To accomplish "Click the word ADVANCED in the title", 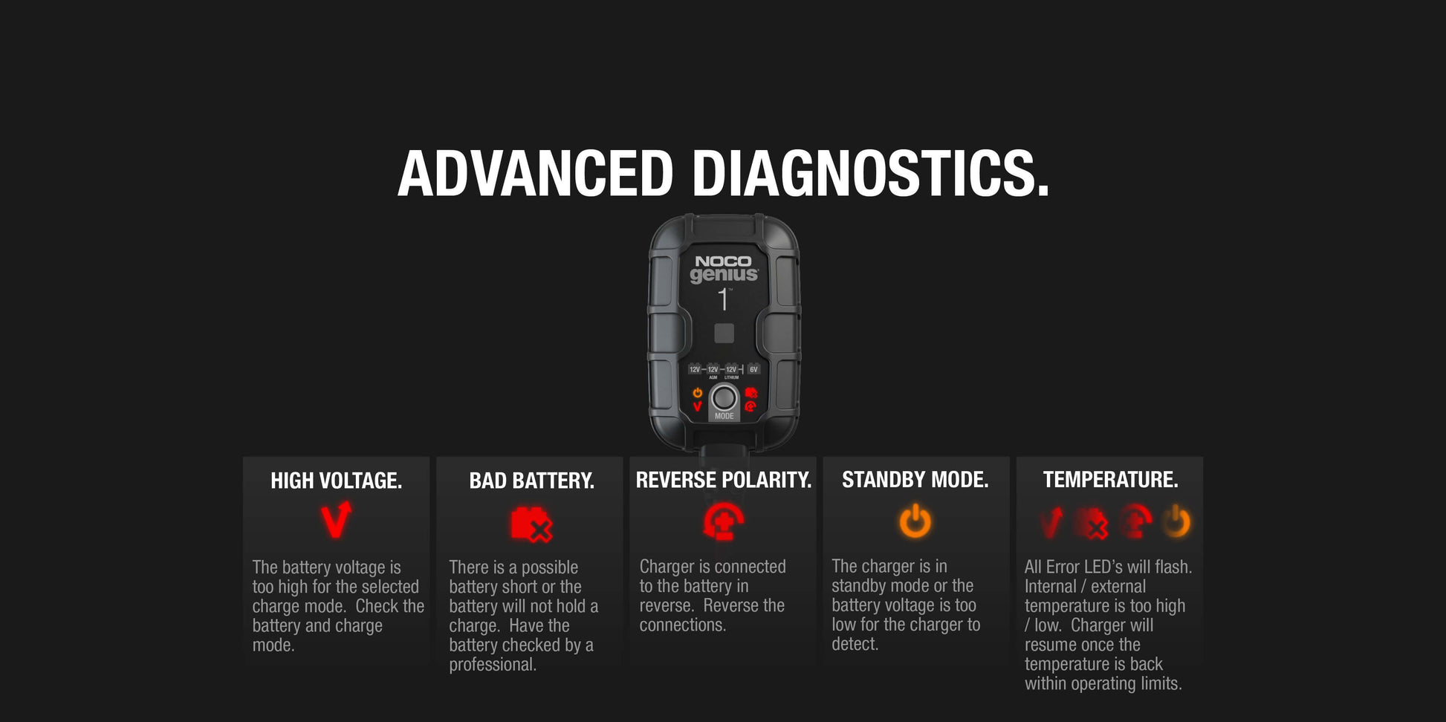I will (x=535, y=174).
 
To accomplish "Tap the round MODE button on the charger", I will (x=724, y=398).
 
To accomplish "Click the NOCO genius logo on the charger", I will (x=724, y=269).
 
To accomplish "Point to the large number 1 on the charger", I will (x=723, y=299).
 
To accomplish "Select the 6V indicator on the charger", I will (x=753, y=369).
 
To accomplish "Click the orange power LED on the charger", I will (x=697, y=393).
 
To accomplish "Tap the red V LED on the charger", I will (x=697, y=406).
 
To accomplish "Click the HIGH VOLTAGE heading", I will (x=336, y=481).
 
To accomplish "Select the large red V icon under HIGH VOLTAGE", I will (x=335, y=520).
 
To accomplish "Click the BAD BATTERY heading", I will (x=531, y=481).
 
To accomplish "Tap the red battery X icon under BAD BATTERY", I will (x=531, y=524).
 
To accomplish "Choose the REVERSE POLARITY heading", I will (x=723, y=480).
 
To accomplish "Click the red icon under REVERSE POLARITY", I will (x=723, y=521).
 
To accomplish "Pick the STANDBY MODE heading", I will (x=915, y=480).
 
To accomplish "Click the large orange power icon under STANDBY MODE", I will (x=915, y=521).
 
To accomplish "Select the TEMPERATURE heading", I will (x=1110, y=480).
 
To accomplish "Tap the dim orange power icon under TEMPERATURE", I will (x=1176, y=521).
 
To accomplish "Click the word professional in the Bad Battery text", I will (x=492, y=665).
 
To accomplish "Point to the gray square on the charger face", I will (x=724, y=333).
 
